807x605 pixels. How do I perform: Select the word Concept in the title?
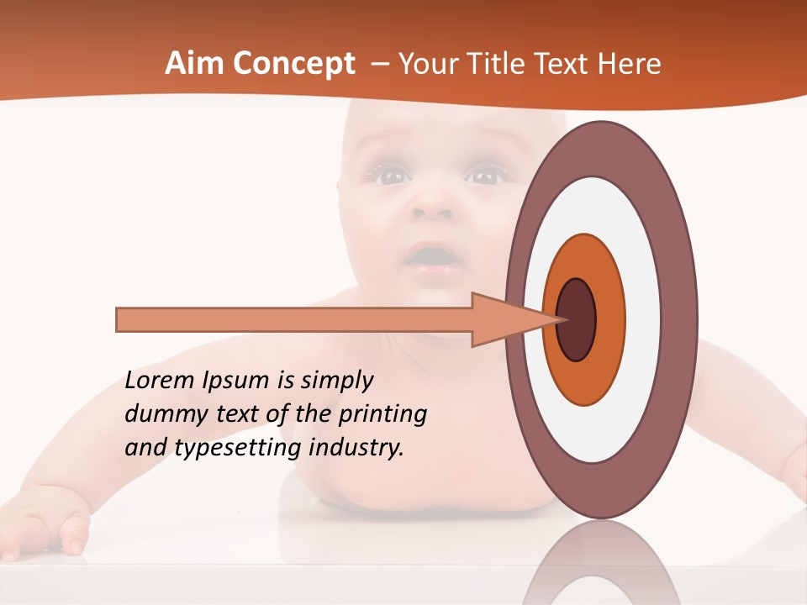(293, 64)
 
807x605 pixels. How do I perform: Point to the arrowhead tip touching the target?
(558, 319)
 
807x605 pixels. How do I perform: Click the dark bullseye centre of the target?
(577, 319)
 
